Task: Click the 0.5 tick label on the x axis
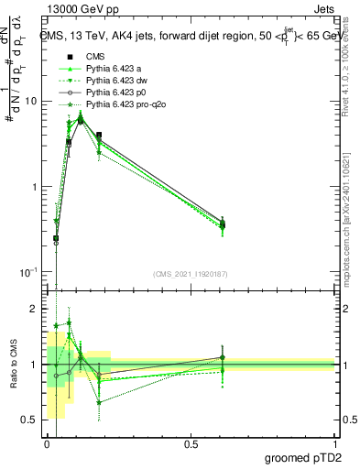click(x=191, y=443)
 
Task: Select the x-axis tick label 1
click(x=335, y=443)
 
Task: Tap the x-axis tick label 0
click(x=47, y=443)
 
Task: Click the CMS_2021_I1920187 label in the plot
click(x=191, y=274)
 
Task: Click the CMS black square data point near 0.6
click(x=223, y=223)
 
